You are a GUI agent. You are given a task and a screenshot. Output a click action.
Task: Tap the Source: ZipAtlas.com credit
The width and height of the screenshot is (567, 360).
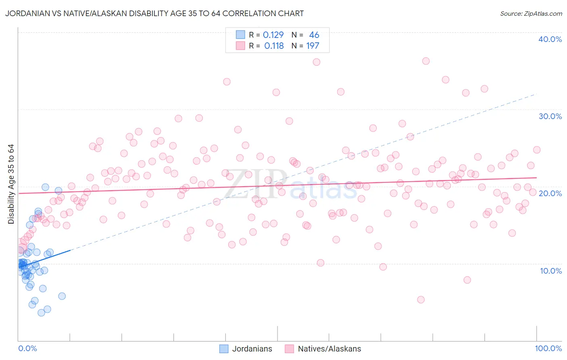pyautogui.click(x=531, y=13)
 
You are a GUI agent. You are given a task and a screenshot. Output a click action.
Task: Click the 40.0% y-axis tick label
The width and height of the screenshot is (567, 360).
pyautogui.click(x=550, y=39)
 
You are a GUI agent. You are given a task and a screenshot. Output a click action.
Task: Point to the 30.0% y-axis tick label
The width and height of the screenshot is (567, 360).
pyautogui.click(x=550, y=116)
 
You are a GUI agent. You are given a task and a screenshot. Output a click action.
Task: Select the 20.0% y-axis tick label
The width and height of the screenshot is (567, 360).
pyautogui.click(x=550, y=193)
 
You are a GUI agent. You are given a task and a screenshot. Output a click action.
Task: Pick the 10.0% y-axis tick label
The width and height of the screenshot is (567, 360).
pyautogui.click(x=551, y=271)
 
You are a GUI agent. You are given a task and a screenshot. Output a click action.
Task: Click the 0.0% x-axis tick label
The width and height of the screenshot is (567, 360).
pyautogui.click(x=27, y=348)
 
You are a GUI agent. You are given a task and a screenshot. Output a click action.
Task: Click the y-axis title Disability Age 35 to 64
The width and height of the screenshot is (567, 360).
pyautogui.click(x=11, y=184)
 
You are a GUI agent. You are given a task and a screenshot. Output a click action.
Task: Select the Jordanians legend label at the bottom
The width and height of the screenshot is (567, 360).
pyautogui.click(x=252, y=349)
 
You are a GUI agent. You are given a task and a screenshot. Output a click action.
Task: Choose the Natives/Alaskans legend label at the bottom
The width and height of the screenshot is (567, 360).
pyautogui.click(x=329, y=349)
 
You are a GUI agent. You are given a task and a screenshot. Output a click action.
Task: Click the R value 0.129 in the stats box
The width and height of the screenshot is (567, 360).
pyautogui.click(x=273, y=35)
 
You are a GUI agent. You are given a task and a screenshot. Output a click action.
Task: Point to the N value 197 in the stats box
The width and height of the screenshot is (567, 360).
pyautogui.click(x=313, y=46)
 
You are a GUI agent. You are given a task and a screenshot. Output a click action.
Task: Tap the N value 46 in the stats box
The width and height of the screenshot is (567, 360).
pyautogui.click(x=314, y=35)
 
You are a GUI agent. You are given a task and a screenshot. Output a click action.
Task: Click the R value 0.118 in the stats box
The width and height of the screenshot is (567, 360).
pyautogui.click(x=274, y=46)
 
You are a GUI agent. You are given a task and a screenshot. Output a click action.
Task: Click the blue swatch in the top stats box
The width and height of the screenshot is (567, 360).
pyautogui.click(x=240, y=35)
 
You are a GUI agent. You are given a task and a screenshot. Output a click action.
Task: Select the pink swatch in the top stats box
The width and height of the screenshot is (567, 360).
pyautogui.click(x=240, y=46)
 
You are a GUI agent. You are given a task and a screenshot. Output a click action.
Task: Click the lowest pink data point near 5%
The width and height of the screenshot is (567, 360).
pyautogui.click(x=421, y=299)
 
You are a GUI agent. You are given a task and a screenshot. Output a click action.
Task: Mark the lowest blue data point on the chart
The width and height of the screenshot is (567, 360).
pyautogui.click(x=41, y=313)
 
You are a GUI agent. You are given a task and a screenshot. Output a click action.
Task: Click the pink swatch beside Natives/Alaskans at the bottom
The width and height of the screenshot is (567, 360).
pyautogui.click(x=289, y=349)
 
